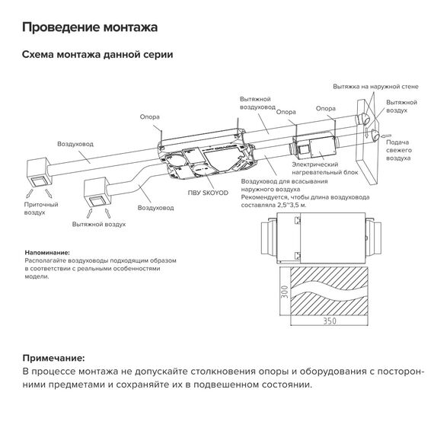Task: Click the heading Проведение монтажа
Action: (90, 27)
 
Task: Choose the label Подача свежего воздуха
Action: (400, 150)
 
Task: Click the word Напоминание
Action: (46, 252)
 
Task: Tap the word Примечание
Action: (53, 357)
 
